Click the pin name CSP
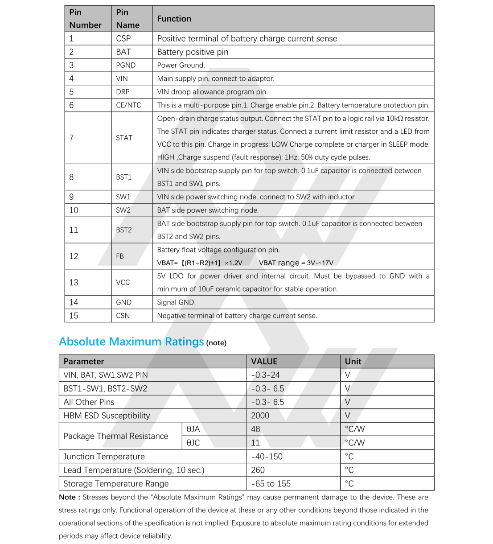click(x=123, y=39)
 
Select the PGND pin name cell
click(x=126, y=65)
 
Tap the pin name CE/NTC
click(x=128, y=105)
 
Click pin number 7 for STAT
click(x=71, y=138)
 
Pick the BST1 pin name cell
click(x=124, y=177)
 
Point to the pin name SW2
click(x=123, y=210)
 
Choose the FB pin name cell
click(x=120, y=256)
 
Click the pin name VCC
click(x=123, y=283)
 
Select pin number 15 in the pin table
click(x=74, y=316)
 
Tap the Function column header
click(x=174, y=19)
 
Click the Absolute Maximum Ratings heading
click(x=131, y=342)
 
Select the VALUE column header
click(x=264, y=362)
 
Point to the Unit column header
click(x=353, y=362)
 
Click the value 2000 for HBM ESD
click(x=260, y=416)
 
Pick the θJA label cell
click(x=193, y=429)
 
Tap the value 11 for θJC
click(x=255, y=443)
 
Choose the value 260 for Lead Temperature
click(x=258, y=470)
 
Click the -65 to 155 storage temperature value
click(x=271, y=484)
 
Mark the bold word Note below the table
click(x=67, y=497)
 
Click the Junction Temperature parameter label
click(x=104, y=457)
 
